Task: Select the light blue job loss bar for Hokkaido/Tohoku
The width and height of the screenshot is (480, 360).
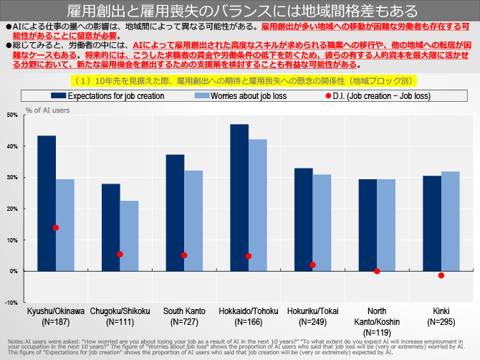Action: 258,205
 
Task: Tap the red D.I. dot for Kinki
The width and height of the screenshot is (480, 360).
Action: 441,275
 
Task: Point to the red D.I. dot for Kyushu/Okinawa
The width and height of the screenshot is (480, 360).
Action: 56,227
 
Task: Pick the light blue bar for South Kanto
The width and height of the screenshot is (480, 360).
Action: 193,220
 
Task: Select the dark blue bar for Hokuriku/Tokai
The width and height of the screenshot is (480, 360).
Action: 304,219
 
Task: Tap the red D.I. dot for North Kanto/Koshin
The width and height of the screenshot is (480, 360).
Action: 377,271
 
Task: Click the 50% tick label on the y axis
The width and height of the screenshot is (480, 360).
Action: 12,115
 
